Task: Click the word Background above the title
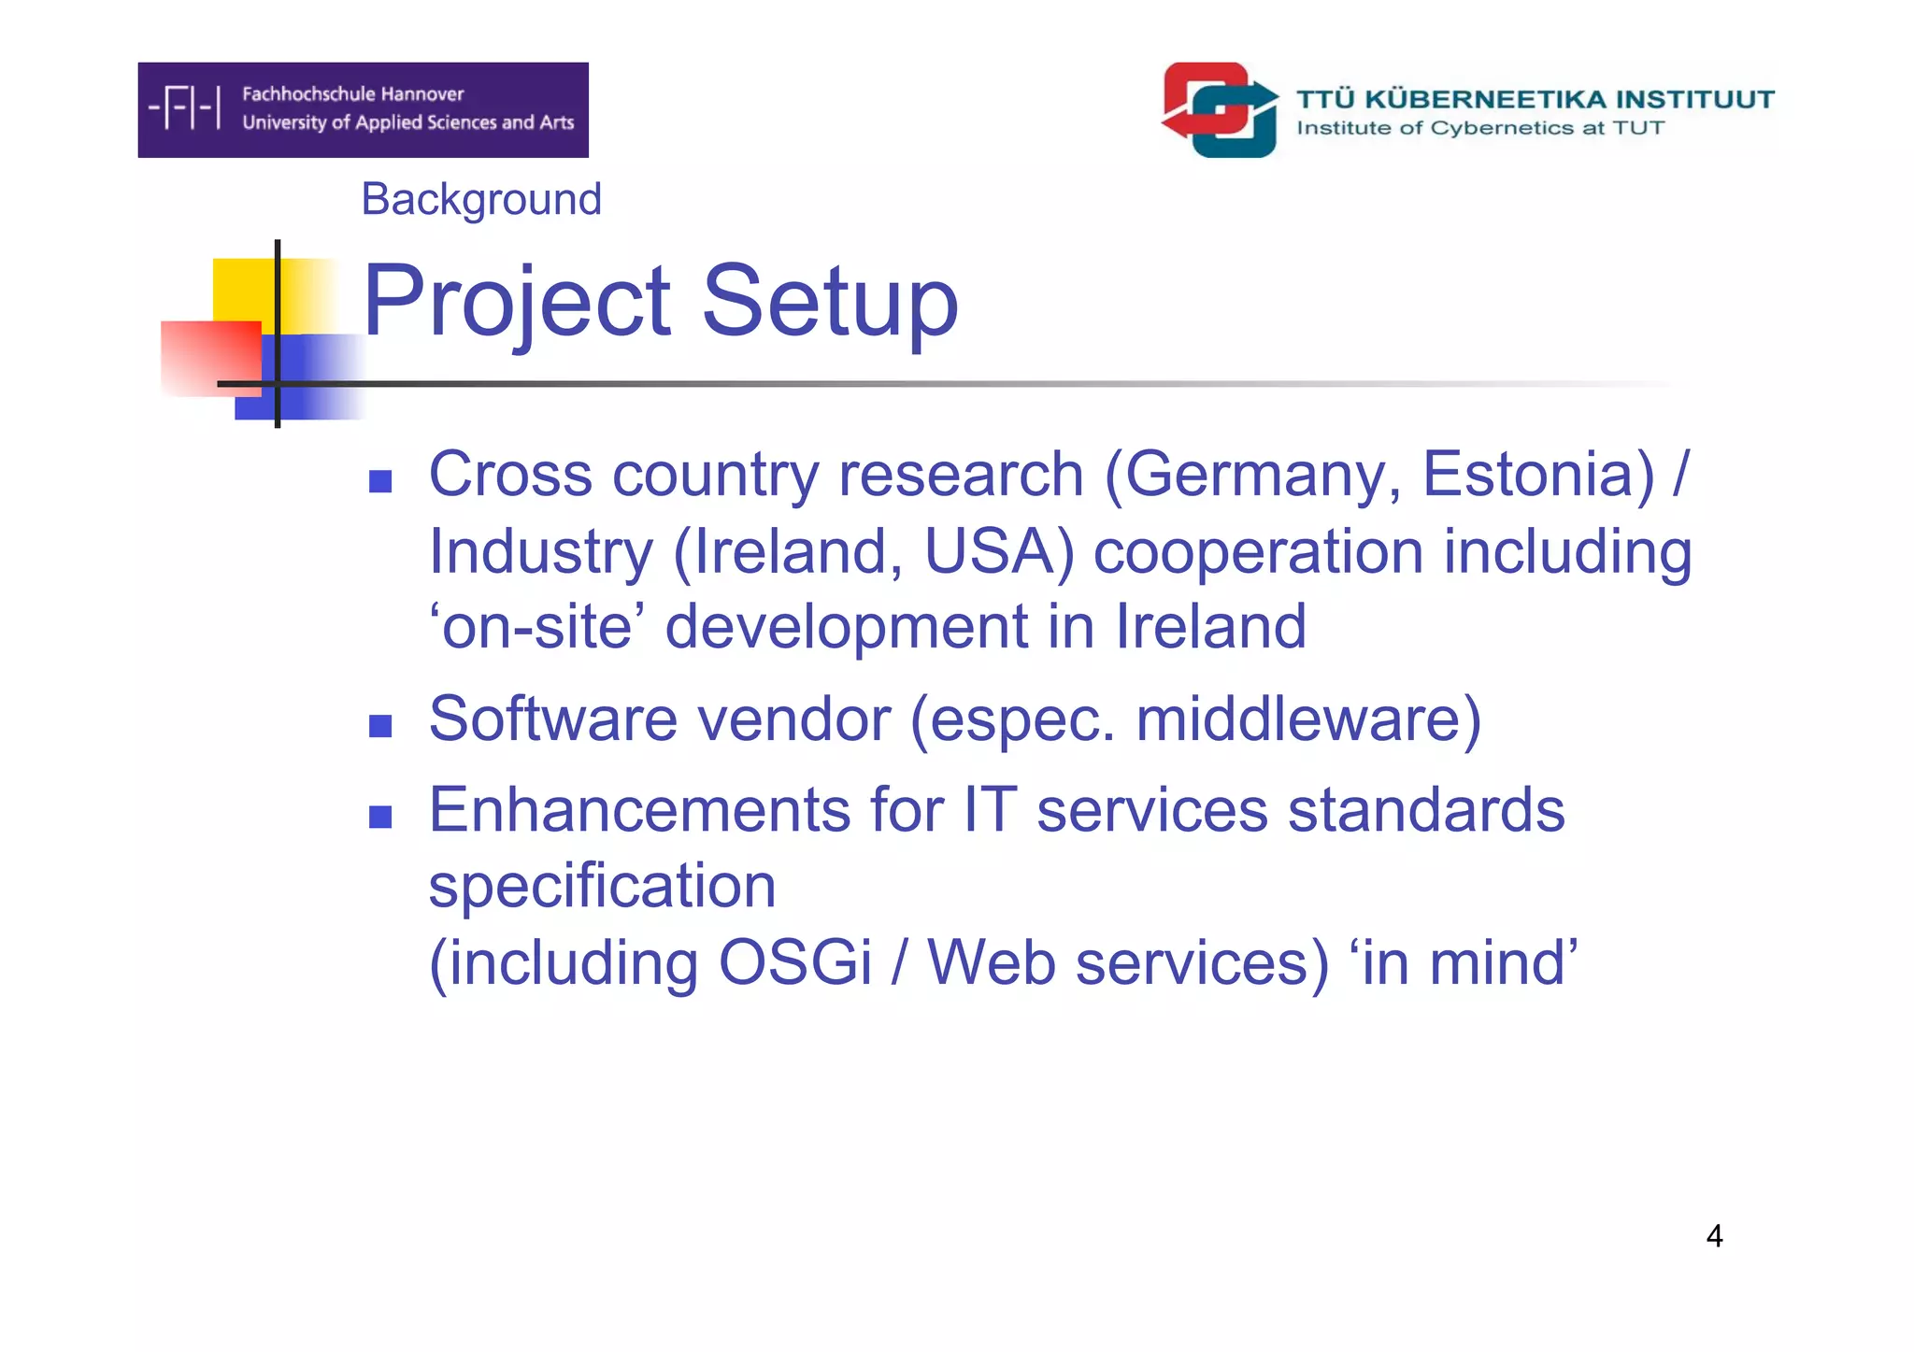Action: pos(481,200)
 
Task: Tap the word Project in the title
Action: pos(517,303)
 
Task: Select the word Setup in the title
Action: pos(830,303)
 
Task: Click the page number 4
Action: pos(1714,1236)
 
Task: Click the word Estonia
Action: pos(1537,475)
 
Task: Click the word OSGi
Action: pos(794,963)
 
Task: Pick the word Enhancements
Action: pos(639,810)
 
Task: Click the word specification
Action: pos(602,887)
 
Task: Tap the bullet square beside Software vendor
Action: pos(380,726)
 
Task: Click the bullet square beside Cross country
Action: pos(380,481)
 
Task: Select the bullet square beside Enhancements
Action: pos(380,818)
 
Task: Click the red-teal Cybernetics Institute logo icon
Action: pos(1221,110)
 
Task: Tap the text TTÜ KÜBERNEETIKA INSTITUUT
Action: pos(1535,99)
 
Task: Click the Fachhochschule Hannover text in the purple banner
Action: pos(352,94)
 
